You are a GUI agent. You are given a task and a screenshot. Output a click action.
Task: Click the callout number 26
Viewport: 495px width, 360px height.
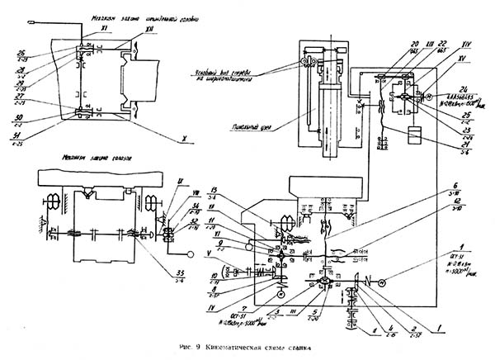coord(21,52)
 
